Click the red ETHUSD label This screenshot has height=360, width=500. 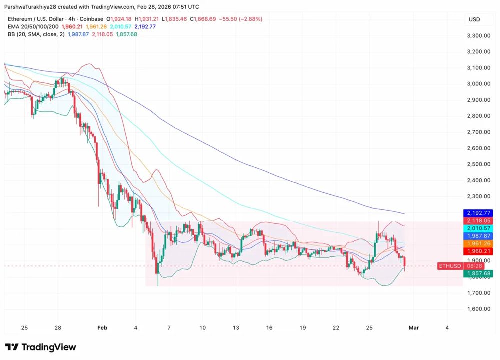coord(449,266)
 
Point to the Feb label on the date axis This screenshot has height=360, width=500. coord(102,328)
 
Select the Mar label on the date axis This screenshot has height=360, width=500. coord(413,328)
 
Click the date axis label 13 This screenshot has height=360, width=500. coord(236,328)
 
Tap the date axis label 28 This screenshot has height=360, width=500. coord(58,328)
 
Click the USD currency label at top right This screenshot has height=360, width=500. coord(474,19)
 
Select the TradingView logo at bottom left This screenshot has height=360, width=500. coord(40,347)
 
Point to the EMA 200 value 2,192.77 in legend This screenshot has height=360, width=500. coord(144,27)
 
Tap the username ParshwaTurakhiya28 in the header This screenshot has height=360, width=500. coord(33,7)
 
